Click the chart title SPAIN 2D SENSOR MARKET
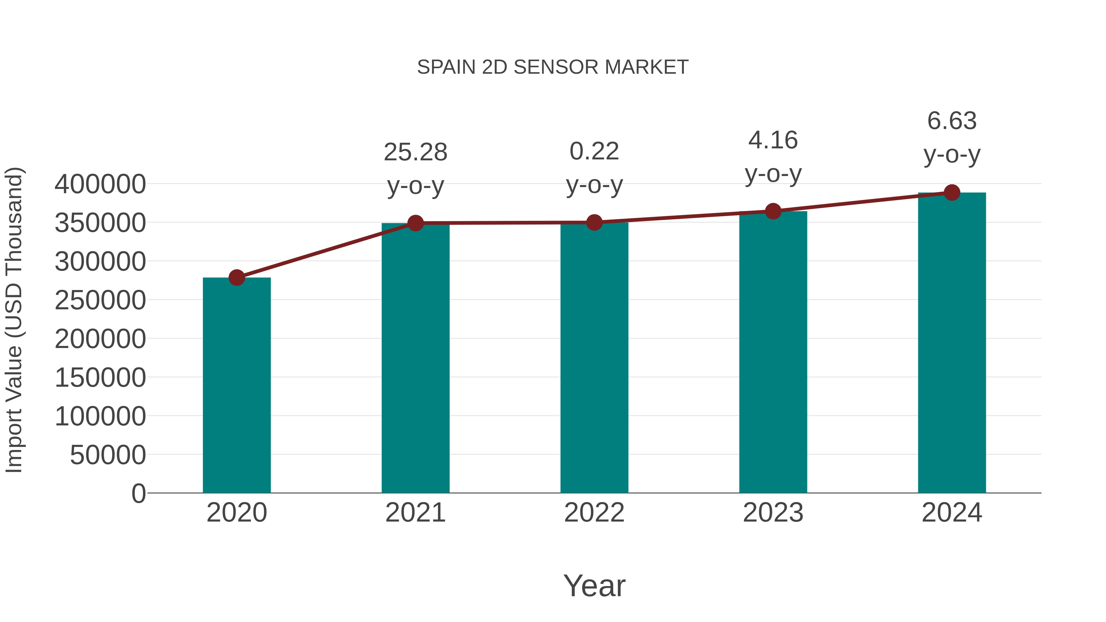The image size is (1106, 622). point(553,67)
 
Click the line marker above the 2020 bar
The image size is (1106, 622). point(237,278)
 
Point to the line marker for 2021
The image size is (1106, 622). point(415,223)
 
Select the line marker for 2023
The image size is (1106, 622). point(773,211)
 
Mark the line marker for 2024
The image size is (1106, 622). point(952,193)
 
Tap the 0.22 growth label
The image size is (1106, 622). point(594,151)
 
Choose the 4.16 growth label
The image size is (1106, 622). point(773,140)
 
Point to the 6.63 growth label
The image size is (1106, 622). point(952,121)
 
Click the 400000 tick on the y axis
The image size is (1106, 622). point(100,184)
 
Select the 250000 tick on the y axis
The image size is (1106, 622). point(100,300)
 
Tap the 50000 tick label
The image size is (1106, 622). point(108,455)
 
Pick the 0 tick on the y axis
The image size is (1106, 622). point(138,493)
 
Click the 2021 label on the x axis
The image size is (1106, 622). point(415,513)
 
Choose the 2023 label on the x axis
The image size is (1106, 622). point(773,513)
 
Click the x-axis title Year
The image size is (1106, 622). point(594,585)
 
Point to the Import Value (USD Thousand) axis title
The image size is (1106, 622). point(14,320)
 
